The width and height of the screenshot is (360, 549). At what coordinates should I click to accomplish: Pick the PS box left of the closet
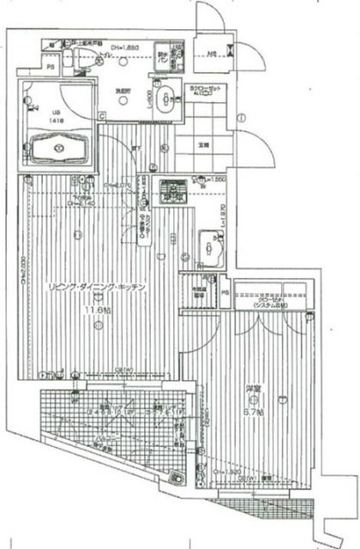pos(225,294)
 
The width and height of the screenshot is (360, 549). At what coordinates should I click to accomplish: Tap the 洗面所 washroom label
pos(122,88)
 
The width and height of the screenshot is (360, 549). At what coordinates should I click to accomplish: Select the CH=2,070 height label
pos(117,184)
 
